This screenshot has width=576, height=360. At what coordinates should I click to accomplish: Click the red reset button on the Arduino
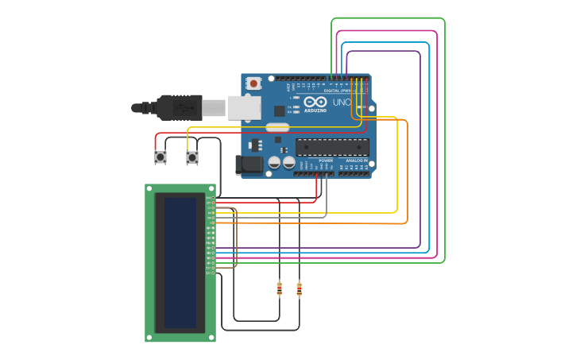point(253,83)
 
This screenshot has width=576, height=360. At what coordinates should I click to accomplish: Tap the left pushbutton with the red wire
point(160,157)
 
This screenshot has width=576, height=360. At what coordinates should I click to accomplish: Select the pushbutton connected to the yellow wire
point(191,157)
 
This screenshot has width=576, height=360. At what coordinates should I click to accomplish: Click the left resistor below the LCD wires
point(279,288)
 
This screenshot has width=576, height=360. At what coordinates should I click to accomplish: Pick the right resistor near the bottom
point(299,288)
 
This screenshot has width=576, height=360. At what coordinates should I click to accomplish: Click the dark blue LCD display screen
point(180,262)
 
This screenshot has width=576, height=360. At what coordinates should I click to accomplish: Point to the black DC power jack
point(249,165)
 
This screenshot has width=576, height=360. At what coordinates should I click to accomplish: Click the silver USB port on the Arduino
point(244,107)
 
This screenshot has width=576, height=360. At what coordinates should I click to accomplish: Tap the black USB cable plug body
point(180,107)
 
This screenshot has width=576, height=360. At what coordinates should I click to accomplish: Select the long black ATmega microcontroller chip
point(332,146)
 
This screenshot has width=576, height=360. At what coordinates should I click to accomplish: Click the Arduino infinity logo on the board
point(315,103)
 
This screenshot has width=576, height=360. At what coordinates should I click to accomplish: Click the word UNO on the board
point(342,103)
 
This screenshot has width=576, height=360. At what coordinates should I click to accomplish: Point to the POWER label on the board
point(326,161)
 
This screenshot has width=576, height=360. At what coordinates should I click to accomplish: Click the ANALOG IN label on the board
point(356,161)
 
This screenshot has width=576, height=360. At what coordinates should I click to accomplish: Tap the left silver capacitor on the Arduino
point(274,162)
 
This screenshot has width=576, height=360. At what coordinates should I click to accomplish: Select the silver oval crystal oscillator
point(277,127)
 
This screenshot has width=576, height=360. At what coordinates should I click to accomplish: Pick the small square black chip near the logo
point(280,111)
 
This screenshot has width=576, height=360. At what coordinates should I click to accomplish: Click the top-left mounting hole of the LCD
point(149,189)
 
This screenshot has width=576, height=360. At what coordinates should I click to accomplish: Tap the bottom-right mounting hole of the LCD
point(211,337)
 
